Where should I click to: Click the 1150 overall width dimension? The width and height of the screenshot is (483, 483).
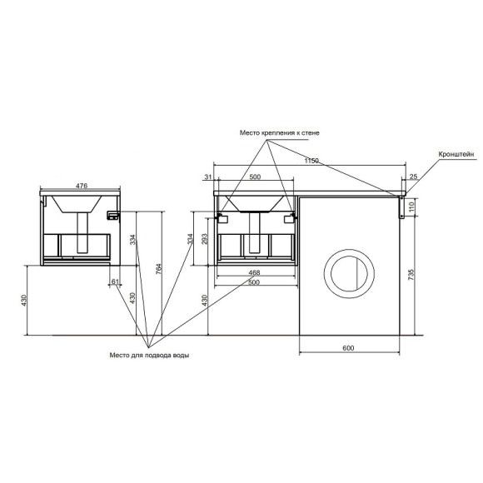coord(311,161)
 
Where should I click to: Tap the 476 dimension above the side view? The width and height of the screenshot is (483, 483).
coord(82,186)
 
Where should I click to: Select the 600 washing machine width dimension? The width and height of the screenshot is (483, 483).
coord(348,348)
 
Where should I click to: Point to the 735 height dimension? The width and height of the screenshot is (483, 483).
coord(412,275)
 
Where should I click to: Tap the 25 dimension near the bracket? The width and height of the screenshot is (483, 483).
coord(414,177)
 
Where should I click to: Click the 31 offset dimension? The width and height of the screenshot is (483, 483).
coord(208,177)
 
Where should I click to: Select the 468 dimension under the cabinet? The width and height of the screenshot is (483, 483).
coord(254,272)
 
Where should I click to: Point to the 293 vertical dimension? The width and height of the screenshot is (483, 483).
coord(205,239)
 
